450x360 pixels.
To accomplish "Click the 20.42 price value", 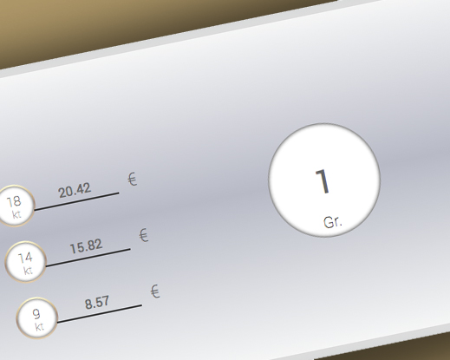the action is point(75,190).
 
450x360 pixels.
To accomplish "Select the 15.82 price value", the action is point(86,246).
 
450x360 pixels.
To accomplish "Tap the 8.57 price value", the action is point(97,303).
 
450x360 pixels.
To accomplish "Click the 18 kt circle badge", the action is point(16,206).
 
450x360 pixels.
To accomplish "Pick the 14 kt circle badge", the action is point(26,262).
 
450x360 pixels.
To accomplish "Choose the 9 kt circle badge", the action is point(37,318).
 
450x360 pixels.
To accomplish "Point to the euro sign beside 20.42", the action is point(133,180).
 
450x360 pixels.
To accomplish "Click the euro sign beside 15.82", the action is point(144,235).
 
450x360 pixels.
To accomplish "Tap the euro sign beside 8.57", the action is point(155,291).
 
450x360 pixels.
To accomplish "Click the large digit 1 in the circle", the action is point(323,181).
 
